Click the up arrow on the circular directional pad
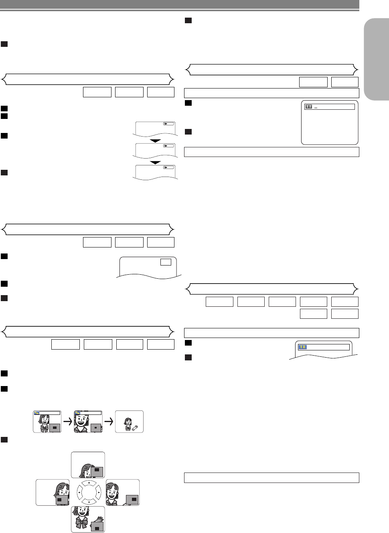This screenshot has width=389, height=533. click(89, 483)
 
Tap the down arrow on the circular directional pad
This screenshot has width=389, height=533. click(89, 502)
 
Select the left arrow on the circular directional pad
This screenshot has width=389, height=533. click(79, 492)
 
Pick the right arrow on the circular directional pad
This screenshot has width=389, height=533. click(98, 492)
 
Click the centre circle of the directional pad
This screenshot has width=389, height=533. click(89, 492)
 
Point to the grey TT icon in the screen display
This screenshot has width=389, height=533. click(308, 107)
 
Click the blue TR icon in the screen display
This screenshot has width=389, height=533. click(302, 347)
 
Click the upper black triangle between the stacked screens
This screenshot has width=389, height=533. click(155, 141)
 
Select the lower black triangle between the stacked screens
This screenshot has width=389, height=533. click(155, 163)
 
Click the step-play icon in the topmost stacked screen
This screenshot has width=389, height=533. click(168, 124)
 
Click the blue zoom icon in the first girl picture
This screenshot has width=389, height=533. click(37, 413)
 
